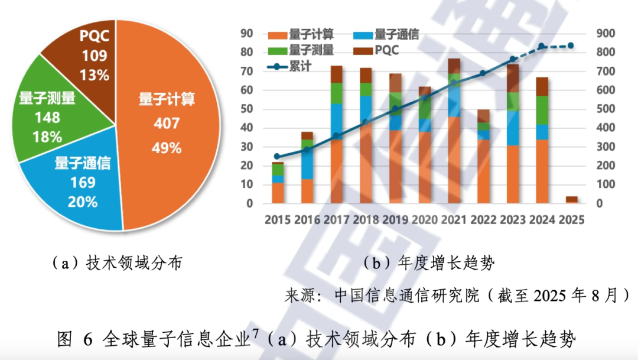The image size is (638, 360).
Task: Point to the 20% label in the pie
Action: point(83,202)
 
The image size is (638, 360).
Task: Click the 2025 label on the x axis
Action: point(571,220)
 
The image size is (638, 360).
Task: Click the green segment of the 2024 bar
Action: point(543,110)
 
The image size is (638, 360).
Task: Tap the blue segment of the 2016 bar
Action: point(307,160)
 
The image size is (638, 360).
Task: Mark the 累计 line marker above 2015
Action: point(277,157)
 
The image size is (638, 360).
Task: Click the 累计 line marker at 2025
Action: point(571,46)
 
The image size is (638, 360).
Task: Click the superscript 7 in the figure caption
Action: point(255,335)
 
